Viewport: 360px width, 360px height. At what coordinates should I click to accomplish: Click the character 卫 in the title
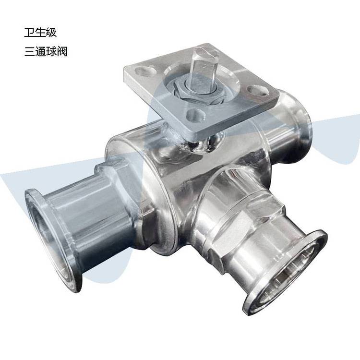click(x=29, y=32)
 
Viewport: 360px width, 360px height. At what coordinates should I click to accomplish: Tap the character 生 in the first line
click(x=40, y=32)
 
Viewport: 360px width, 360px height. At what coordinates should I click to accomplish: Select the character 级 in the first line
click(x=51, y=32)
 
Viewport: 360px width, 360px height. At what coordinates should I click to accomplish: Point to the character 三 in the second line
click(x=30, y=51)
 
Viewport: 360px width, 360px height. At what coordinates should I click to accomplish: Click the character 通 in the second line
click(x=40, y=51)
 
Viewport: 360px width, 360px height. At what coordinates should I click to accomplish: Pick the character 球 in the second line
click(x=51, y=51)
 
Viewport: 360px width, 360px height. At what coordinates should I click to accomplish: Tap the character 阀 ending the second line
click(x=62, y=51)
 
